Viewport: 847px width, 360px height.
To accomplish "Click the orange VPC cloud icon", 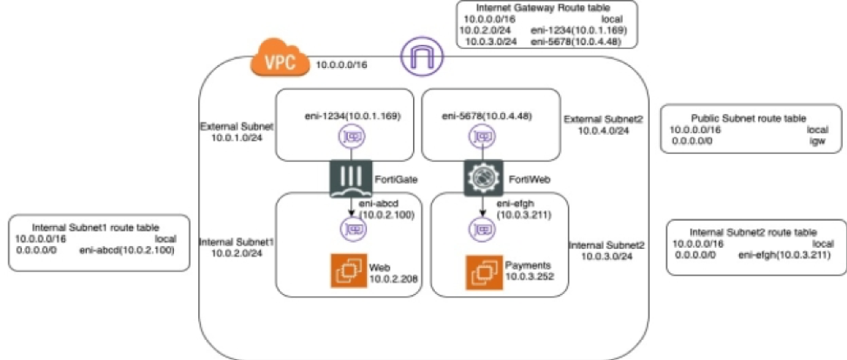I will pyautogui.click(x=277, y=63).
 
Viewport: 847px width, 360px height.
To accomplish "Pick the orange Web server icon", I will pyautogui.click(x=349, y=270).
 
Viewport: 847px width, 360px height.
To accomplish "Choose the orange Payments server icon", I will pyautogui.click(x=484, y=270).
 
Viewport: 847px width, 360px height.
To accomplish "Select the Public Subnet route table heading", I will pyautogui.click(x=747, y=117).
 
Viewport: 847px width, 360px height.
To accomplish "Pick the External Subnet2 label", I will pyautogui.click(x=595, y=119).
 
